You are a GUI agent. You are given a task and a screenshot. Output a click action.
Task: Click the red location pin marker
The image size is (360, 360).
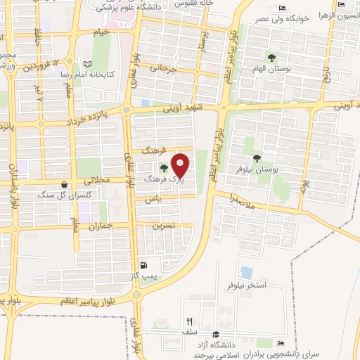tap(181, 165)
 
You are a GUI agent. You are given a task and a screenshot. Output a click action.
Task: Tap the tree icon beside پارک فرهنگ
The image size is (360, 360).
tap(164, 167)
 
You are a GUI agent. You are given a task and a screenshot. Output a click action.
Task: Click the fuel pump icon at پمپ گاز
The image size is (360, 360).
tap(144, 266)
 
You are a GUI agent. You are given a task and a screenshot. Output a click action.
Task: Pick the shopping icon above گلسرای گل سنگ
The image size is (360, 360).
tap(64, 184)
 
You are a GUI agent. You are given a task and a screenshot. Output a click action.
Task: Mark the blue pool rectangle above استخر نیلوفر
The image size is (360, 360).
tap(246, 271)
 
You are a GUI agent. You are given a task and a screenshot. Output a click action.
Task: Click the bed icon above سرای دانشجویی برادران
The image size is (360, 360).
tap(281, 343)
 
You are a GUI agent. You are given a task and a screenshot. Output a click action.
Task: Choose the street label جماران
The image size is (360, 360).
tap(103, 226)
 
